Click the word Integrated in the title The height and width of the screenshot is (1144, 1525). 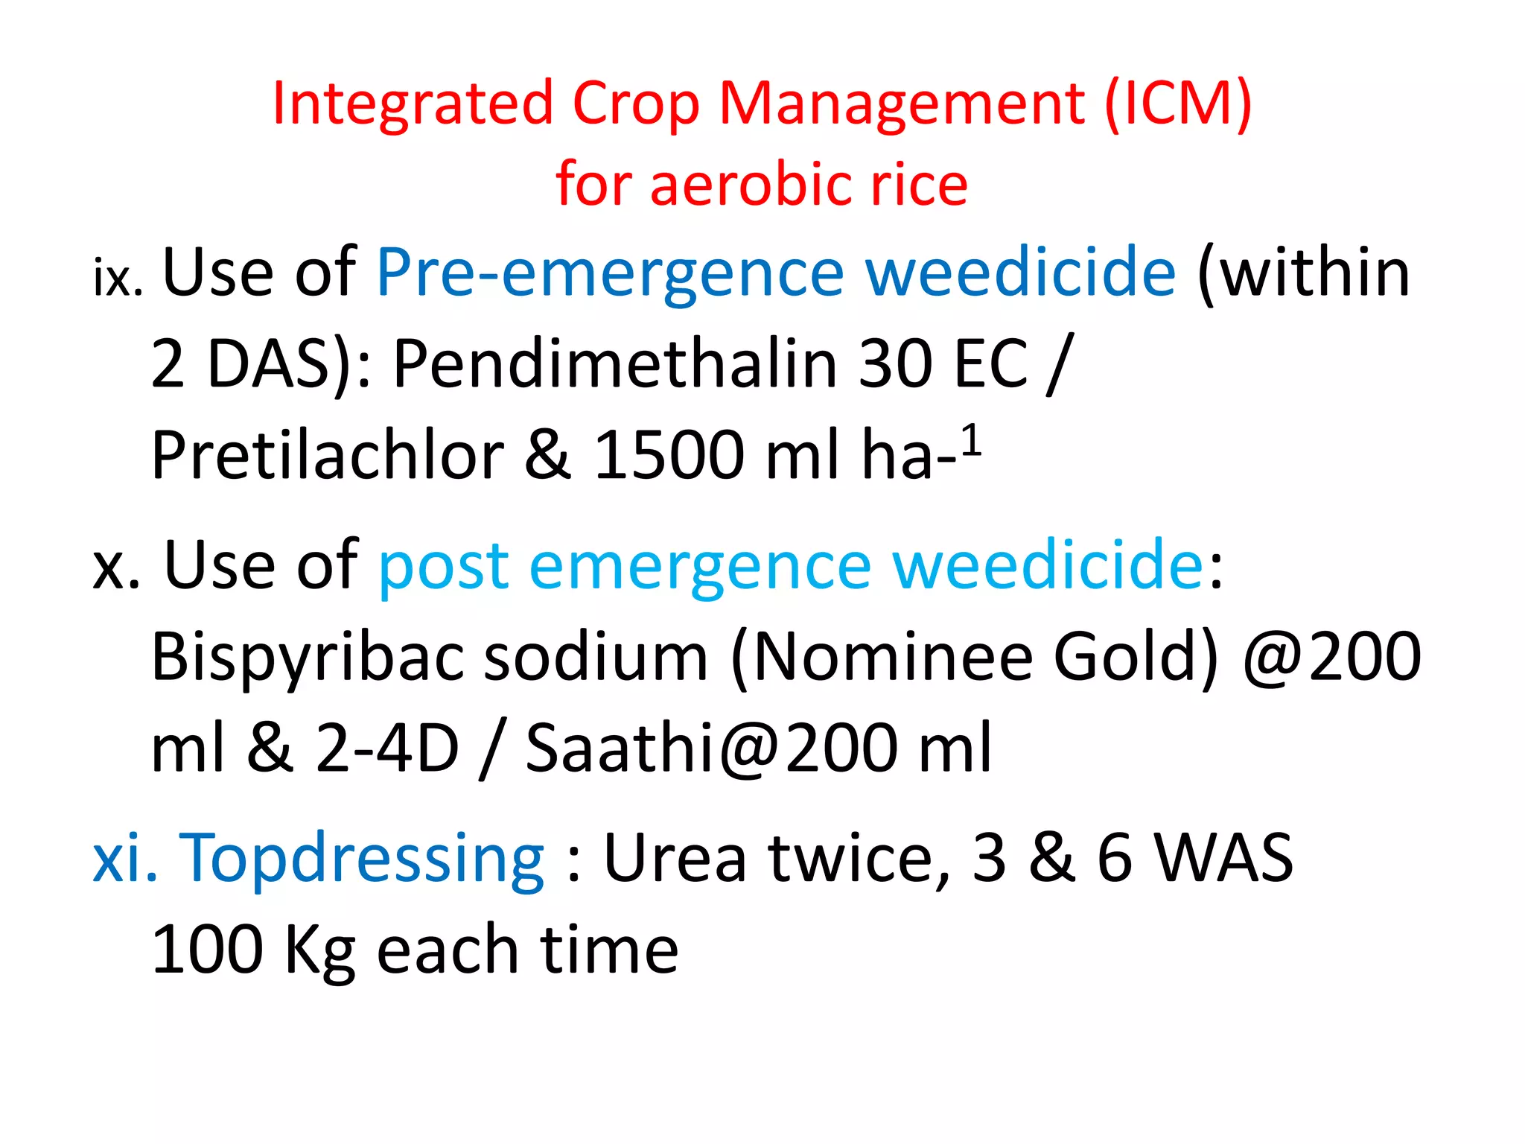(x=413, y=104)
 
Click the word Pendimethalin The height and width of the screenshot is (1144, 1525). (x=615, y=364)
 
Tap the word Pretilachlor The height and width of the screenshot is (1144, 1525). (x=328, y=455)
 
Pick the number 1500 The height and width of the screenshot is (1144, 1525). (x=669, y=455)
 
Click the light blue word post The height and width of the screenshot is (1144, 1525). (x=444, y=566)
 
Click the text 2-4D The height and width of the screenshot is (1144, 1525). (x=387, y=749)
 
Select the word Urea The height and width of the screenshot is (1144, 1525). (x=675, y=859)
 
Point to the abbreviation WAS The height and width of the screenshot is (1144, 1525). (x=1223, y=859)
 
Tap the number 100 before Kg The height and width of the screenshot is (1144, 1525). (x=207, y=950)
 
